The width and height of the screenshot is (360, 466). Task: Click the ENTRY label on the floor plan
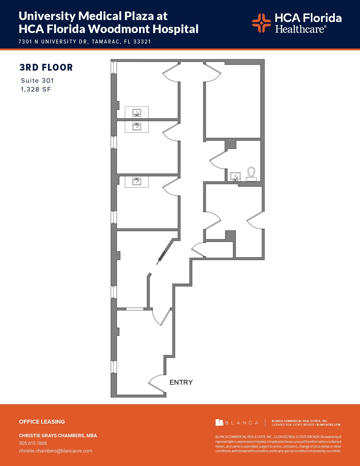181,382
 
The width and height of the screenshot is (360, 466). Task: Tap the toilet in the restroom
251,174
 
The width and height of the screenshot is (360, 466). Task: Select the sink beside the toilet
235,177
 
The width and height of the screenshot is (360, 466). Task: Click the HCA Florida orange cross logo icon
261,23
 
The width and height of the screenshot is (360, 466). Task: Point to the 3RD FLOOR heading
46,67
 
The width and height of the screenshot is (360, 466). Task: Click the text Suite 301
37,80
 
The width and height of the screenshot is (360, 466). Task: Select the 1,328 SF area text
36,90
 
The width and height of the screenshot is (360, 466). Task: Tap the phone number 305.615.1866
33,443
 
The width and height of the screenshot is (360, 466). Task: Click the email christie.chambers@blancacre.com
56,451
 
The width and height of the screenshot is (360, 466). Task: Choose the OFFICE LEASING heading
42,422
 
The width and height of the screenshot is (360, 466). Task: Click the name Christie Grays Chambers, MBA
58,435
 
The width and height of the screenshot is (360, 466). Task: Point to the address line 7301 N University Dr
85,42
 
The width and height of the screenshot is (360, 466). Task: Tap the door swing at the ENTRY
156,384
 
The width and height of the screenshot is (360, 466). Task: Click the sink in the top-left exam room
137,113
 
